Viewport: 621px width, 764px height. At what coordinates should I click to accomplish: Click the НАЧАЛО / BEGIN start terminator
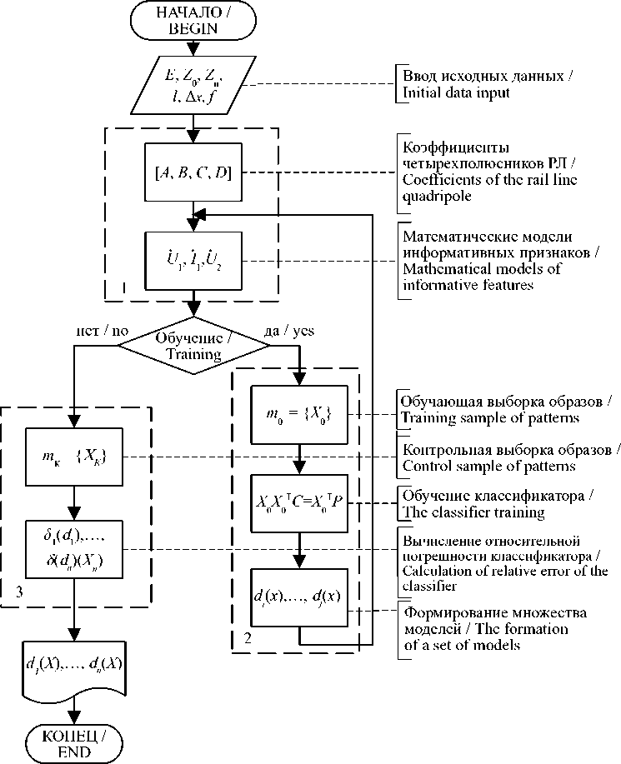coord(193,20)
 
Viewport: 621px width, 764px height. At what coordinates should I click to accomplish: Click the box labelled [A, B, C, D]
coord(194,173)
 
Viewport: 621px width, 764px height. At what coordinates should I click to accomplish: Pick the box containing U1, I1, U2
coord(194,262)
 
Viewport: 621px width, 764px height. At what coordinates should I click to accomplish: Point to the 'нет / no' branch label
coord(103,331)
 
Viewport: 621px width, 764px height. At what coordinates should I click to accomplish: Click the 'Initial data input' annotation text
coord(451,93)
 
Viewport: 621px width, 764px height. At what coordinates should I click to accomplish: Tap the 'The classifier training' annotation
coord(473,512)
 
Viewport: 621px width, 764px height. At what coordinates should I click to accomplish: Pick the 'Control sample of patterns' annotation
coord(487,465)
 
